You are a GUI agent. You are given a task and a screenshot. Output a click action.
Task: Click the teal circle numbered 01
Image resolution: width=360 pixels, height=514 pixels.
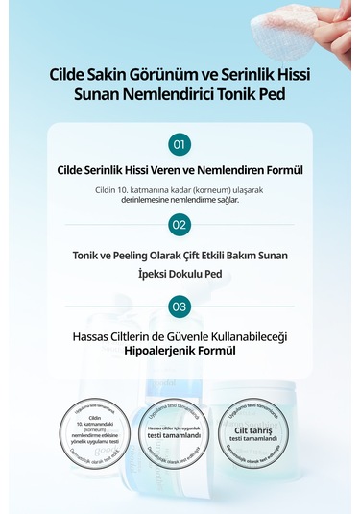click(180, 144)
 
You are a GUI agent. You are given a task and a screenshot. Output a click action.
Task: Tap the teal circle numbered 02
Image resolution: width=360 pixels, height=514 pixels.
click(180, 225)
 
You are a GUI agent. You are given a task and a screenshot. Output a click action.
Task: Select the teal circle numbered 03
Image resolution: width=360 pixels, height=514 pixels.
click(180, 306)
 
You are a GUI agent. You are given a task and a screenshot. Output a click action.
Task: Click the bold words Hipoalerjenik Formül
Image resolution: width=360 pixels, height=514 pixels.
click(180, 352)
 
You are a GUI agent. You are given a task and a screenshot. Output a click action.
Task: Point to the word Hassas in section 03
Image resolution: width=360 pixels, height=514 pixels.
click(94, 337)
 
